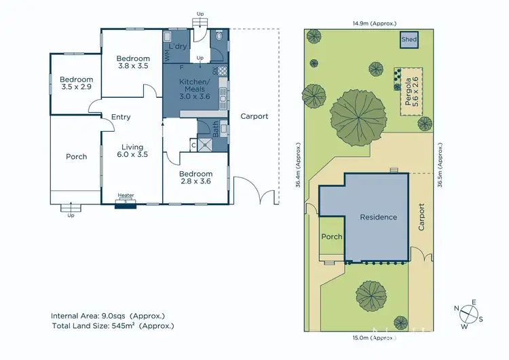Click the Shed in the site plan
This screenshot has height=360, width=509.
click(x=409, y=40)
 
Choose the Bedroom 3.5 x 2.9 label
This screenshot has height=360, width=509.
click(x=76, y=84)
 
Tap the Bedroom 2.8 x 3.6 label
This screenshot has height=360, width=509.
click(x=195, y=178)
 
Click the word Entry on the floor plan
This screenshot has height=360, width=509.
click(x=121, y=117)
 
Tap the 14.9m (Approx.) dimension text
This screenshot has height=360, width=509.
click(x=371, y=23)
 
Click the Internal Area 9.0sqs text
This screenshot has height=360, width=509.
click(x=107, y=316)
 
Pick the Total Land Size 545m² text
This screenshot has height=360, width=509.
click(x=112, y=326)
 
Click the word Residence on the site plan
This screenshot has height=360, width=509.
click(x=378, y=217)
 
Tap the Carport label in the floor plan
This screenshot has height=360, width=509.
click(x=254, y=116)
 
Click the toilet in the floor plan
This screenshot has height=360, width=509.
click(x=221, y=38)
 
